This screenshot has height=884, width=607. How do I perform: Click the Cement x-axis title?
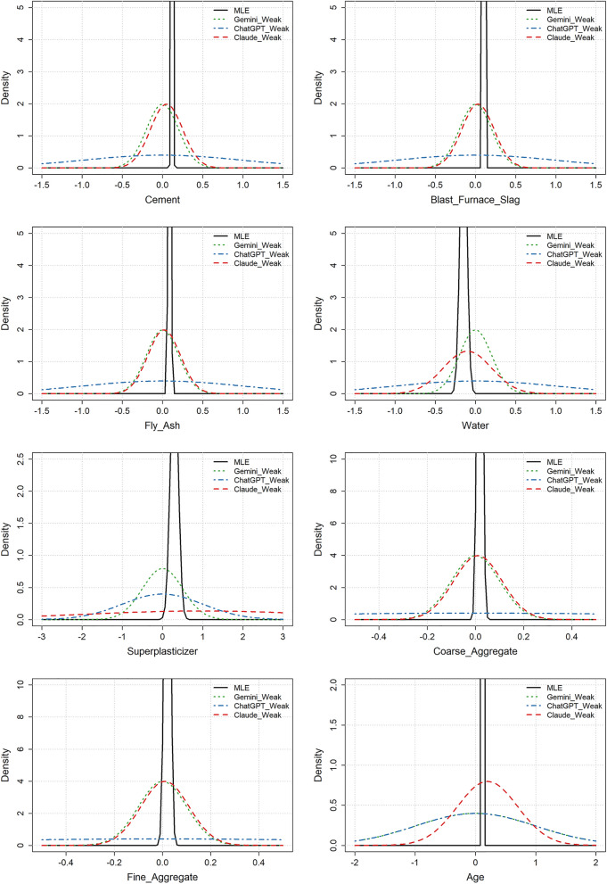tap(162, 201)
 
